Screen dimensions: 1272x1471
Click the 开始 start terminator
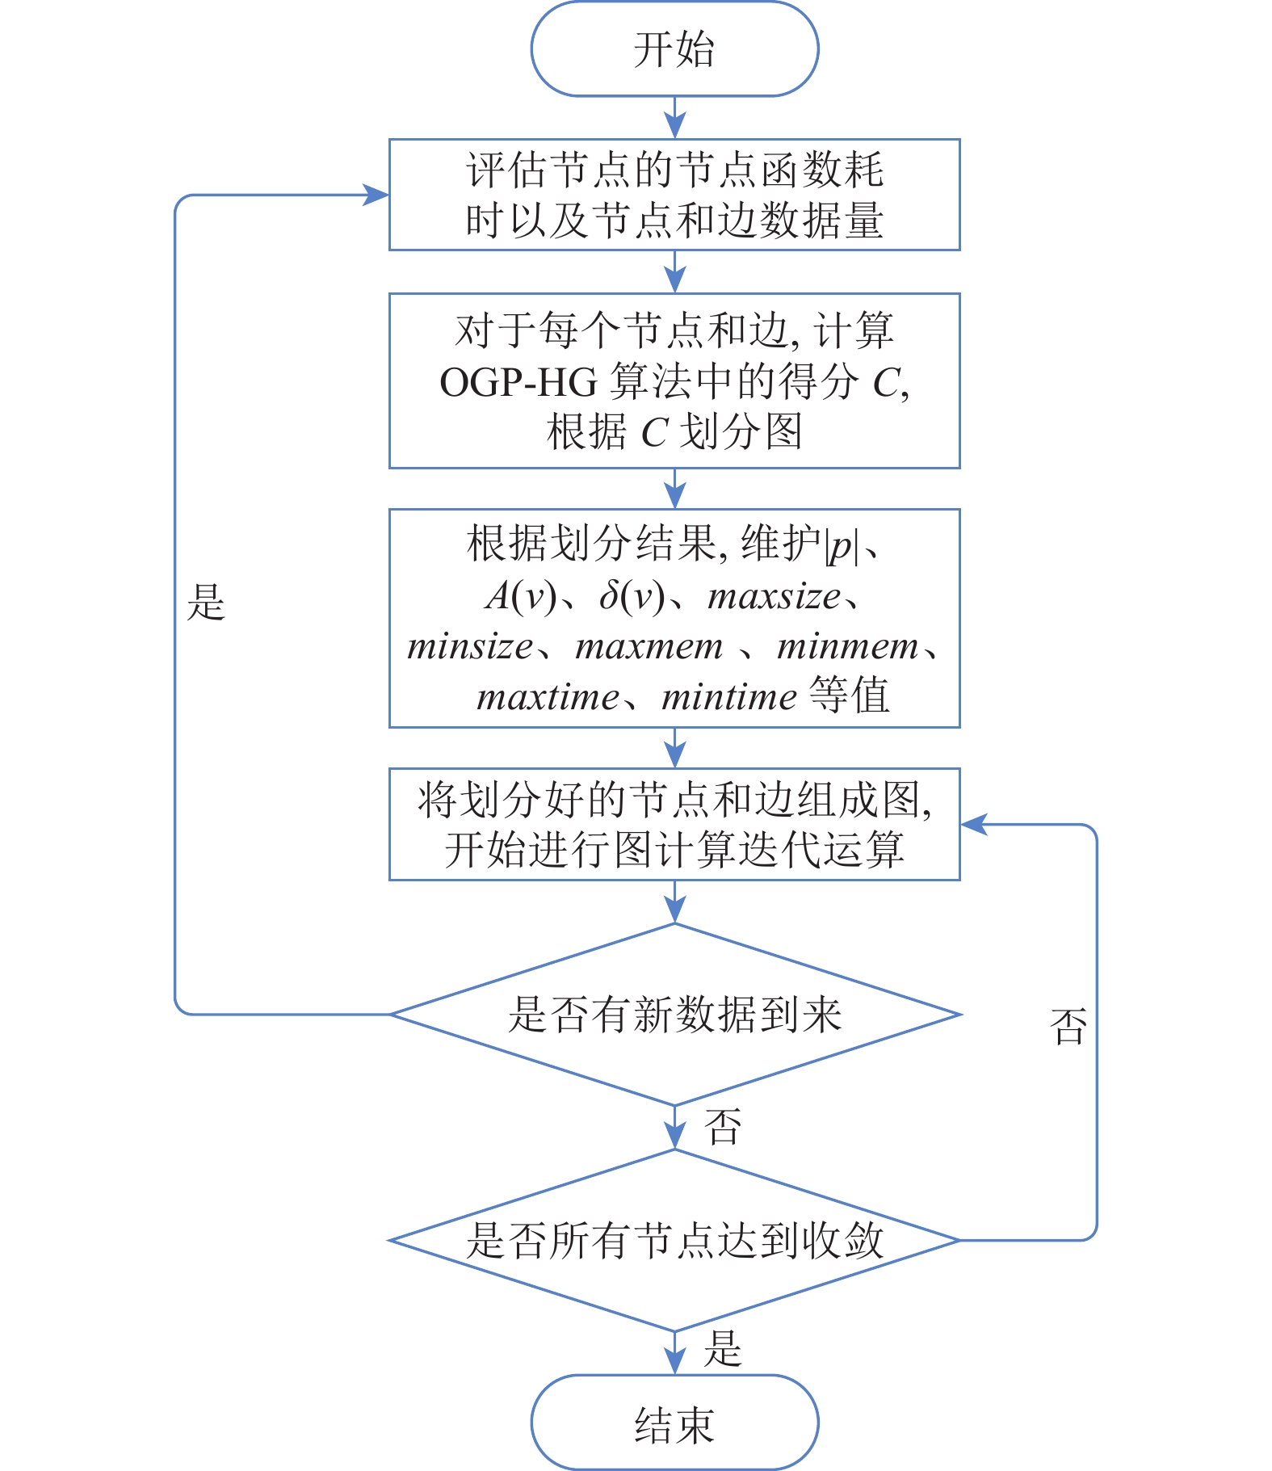pyautogui.click(x=674, y=49)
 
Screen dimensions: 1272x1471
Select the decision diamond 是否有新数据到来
pyautogui.click(x=675, y=1015)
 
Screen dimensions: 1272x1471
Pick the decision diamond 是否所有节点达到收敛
pyautogui.click(x=674, y=1240)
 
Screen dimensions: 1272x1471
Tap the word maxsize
pyautogui.click(x=775, y=597)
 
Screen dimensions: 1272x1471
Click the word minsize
pyautogui.click(x=471, y=647)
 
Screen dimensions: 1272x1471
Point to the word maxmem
pyautogui.click(x=649, y=647)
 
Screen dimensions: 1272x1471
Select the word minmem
pyautogui.click(x=847, y=647)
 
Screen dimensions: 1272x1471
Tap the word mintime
pyautogui.click(x=729, y=697)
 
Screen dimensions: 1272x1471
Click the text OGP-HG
pyautogui.click(x=518, y=382)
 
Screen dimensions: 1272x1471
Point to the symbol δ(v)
pyautogui.click(x=632, y=597)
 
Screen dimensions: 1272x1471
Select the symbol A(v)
pyautogui.click(x=521, y=597)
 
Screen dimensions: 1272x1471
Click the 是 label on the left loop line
pyautogui.click(x=206, y=603)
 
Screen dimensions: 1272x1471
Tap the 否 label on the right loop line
pyautogui.click(x=1068, y=1027)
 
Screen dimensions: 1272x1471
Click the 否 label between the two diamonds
pyautogui.click(x=723, y=1127)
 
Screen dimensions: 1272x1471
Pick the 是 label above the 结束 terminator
pyautogui.click(x=723, y=1350)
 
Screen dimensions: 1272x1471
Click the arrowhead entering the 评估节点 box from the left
pyautogui.click(x=376, y=195)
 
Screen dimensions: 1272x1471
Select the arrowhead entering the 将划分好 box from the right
pyautogui.click(x=974, y=825)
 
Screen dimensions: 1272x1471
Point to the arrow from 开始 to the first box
pyautogui.click(x=674, y=118)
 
